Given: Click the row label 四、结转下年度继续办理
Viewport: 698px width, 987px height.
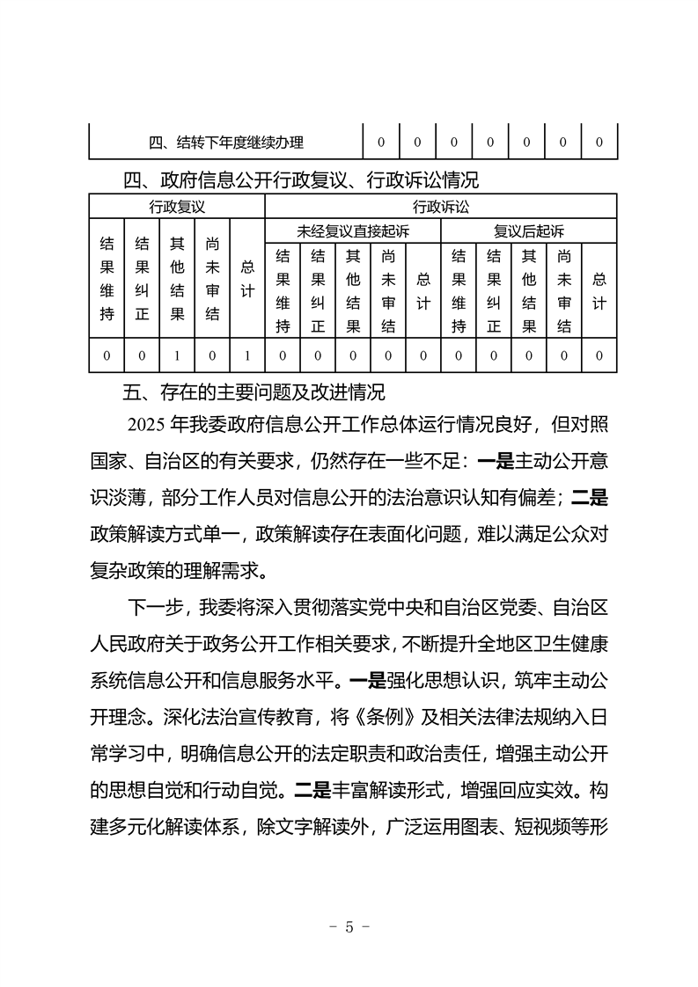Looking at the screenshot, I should (x=226, y=142).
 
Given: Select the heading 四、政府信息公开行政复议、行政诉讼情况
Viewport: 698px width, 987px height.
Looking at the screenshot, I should (x=300, y=182).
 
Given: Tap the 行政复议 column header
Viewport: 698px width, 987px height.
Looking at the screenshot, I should (x=177, y=208).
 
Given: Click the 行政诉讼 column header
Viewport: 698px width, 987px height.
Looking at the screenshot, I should (x=440, y=208).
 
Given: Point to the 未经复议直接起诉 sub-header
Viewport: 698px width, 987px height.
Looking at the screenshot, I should (x=352, y=231).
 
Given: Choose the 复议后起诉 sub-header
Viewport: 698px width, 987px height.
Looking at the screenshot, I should (x=528, y=231).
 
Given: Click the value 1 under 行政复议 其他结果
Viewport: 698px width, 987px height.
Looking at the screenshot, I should (x=177, y=356).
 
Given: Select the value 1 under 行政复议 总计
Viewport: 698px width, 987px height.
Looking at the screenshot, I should (x=247, y=356).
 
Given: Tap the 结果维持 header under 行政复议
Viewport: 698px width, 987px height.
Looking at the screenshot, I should (x=107, y=279).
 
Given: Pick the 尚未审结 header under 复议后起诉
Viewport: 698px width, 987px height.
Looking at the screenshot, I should (x=564, y=290).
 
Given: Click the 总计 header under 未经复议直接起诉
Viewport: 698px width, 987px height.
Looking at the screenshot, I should (x=423, y=290).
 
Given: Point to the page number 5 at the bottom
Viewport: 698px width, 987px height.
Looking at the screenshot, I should (x=349, y=926).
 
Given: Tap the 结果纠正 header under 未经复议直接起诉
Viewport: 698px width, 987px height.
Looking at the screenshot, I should (x=318, y=290).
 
